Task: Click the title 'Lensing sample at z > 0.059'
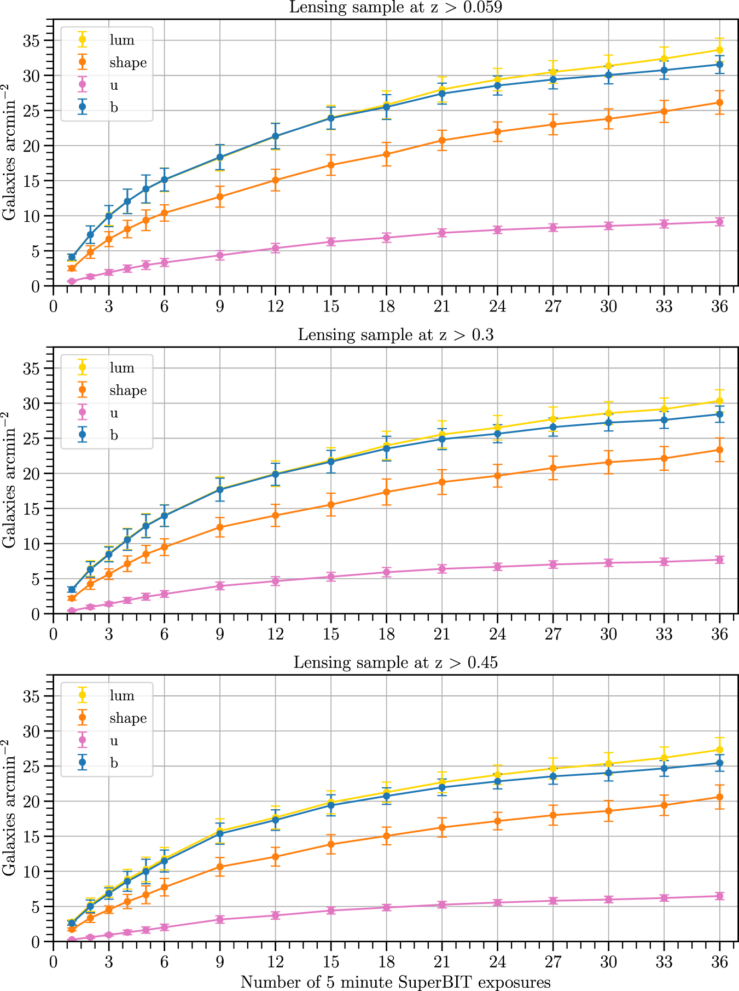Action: (395, 7)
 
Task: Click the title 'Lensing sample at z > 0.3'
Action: (395, 335)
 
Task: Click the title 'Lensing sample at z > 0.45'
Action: (395, 662)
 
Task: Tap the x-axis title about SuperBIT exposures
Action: (395, 982)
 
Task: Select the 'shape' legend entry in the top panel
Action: (127, 62)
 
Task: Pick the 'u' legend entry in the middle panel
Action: (114, 413)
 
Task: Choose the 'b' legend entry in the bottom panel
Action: (114, 763)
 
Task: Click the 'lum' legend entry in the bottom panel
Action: (121, 695)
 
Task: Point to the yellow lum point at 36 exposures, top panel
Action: (719, 50)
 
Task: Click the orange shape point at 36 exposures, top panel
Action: (719, 102)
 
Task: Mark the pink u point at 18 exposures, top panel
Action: (386, 238)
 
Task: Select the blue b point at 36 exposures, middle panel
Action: (719, 414)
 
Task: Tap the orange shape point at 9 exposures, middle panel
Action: (220, 527)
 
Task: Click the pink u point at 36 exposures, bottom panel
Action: (719, 896)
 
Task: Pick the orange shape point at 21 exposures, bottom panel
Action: (442, 827)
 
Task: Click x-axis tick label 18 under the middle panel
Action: (386, 634)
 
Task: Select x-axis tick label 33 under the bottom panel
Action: (664, 962)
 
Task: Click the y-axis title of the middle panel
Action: (9, 480)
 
